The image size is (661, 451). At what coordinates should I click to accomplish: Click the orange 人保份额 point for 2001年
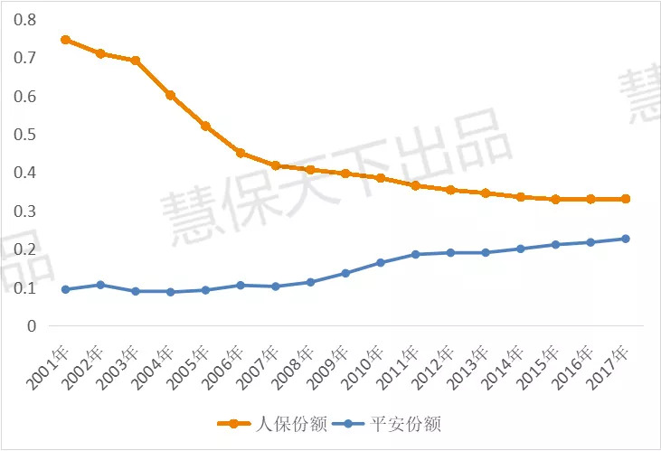coord(65,40)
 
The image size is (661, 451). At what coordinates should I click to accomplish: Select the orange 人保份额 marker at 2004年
coord(170,95)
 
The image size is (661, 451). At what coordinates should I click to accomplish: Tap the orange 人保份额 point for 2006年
coord(241,153)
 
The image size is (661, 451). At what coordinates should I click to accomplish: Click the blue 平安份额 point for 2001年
coord(65,289)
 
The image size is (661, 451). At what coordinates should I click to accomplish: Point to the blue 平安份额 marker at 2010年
coord(380,263)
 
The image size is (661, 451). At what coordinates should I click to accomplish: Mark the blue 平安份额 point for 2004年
coord(170,292)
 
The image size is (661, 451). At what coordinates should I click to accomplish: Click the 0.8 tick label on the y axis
coord(25,19)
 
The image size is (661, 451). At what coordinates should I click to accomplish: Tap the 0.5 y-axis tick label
coord(25,134)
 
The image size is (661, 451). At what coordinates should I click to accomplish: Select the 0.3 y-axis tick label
coord(25,211)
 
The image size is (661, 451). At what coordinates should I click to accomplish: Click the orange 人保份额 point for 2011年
coord(415,185)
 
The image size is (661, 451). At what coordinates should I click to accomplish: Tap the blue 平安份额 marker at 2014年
coord(520,249)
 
